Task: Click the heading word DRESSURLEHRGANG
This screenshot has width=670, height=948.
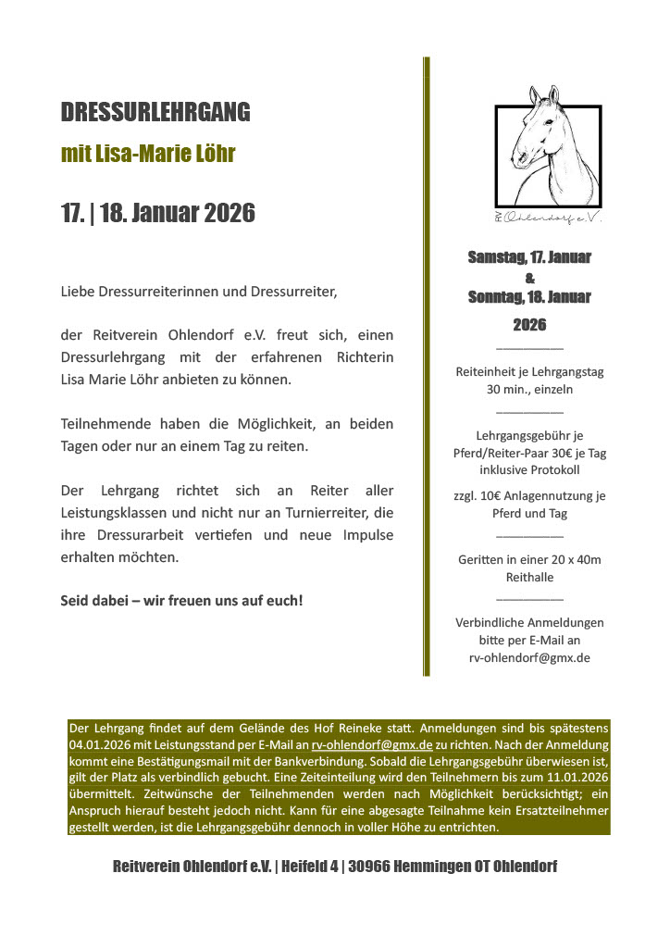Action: pos(155,112)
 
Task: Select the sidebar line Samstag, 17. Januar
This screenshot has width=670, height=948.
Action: pos(529,257)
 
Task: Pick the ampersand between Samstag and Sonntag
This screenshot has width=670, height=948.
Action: pos(529,278)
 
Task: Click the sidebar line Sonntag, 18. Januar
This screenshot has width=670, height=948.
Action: pos(529,297)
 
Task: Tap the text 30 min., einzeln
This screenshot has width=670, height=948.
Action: pos(529,389)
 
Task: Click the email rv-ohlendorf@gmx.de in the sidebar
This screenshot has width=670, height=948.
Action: pos(529,657)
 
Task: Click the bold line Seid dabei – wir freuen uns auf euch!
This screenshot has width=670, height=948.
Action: pos(181,600)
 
